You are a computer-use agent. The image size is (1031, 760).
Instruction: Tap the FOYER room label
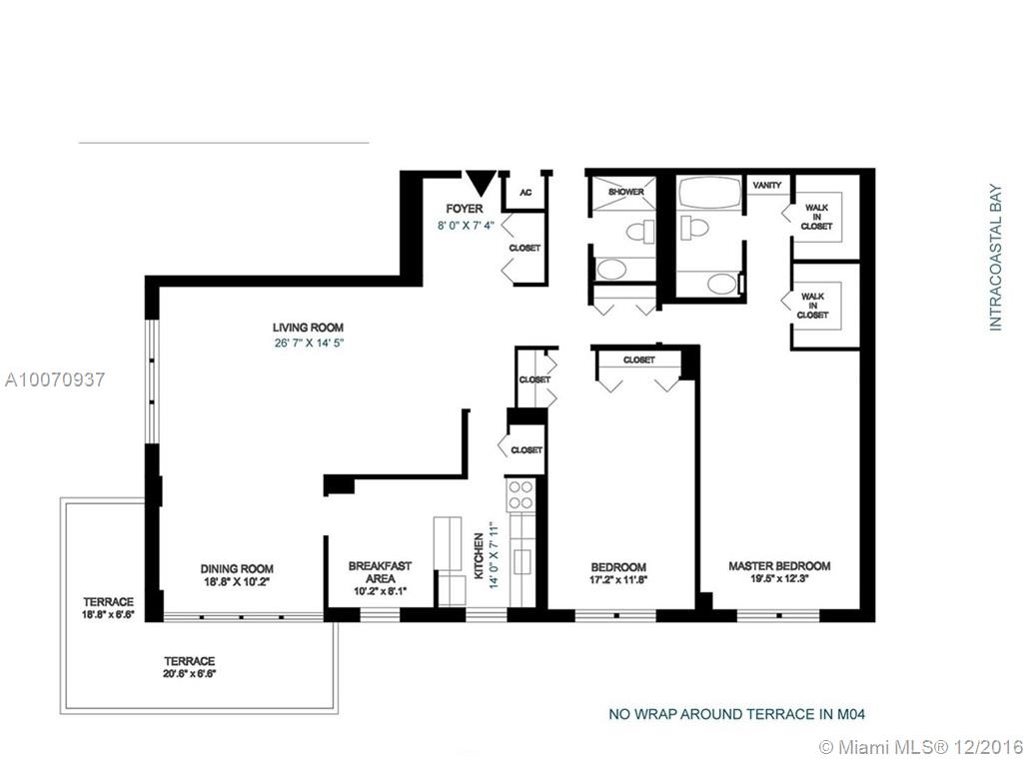tap(465, 209)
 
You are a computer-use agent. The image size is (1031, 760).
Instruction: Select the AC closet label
tap(525, 193)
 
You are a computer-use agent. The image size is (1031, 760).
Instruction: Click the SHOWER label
tap(626, 192)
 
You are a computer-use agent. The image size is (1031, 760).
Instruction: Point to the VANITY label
tap(766, 186)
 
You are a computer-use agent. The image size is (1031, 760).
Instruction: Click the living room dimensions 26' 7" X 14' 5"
tap(309, 343)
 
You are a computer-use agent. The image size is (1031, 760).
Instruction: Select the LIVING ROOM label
tap(308, 328)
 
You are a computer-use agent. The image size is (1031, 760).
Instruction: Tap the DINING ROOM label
tap(237, 568)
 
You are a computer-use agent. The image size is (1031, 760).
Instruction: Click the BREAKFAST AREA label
tap(380, 572)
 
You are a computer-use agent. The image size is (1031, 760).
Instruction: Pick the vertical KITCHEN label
tap(479, 556)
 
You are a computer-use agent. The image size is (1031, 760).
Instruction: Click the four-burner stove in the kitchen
tap(520, 495)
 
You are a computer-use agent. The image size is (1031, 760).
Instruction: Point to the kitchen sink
tap(522, 561)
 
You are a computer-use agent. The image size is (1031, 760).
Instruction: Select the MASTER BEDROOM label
tap(779, 565)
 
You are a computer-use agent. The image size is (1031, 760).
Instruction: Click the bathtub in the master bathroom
tap(710, 192)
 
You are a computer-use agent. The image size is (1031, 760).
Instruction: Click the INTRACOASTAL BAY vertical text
tap(995, 257)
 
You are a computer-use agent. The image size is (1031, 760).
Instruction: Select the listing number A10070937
tap(55, 380)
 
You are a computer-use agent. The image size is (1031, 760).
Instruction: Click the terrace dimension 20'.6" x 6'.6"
tap(190, 674)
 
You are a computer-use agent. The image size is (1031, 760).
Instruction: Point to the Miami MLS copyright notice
tap(921, 747)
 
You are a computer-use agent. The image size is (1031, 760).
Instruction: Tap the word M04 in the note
tap(851, 714)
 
